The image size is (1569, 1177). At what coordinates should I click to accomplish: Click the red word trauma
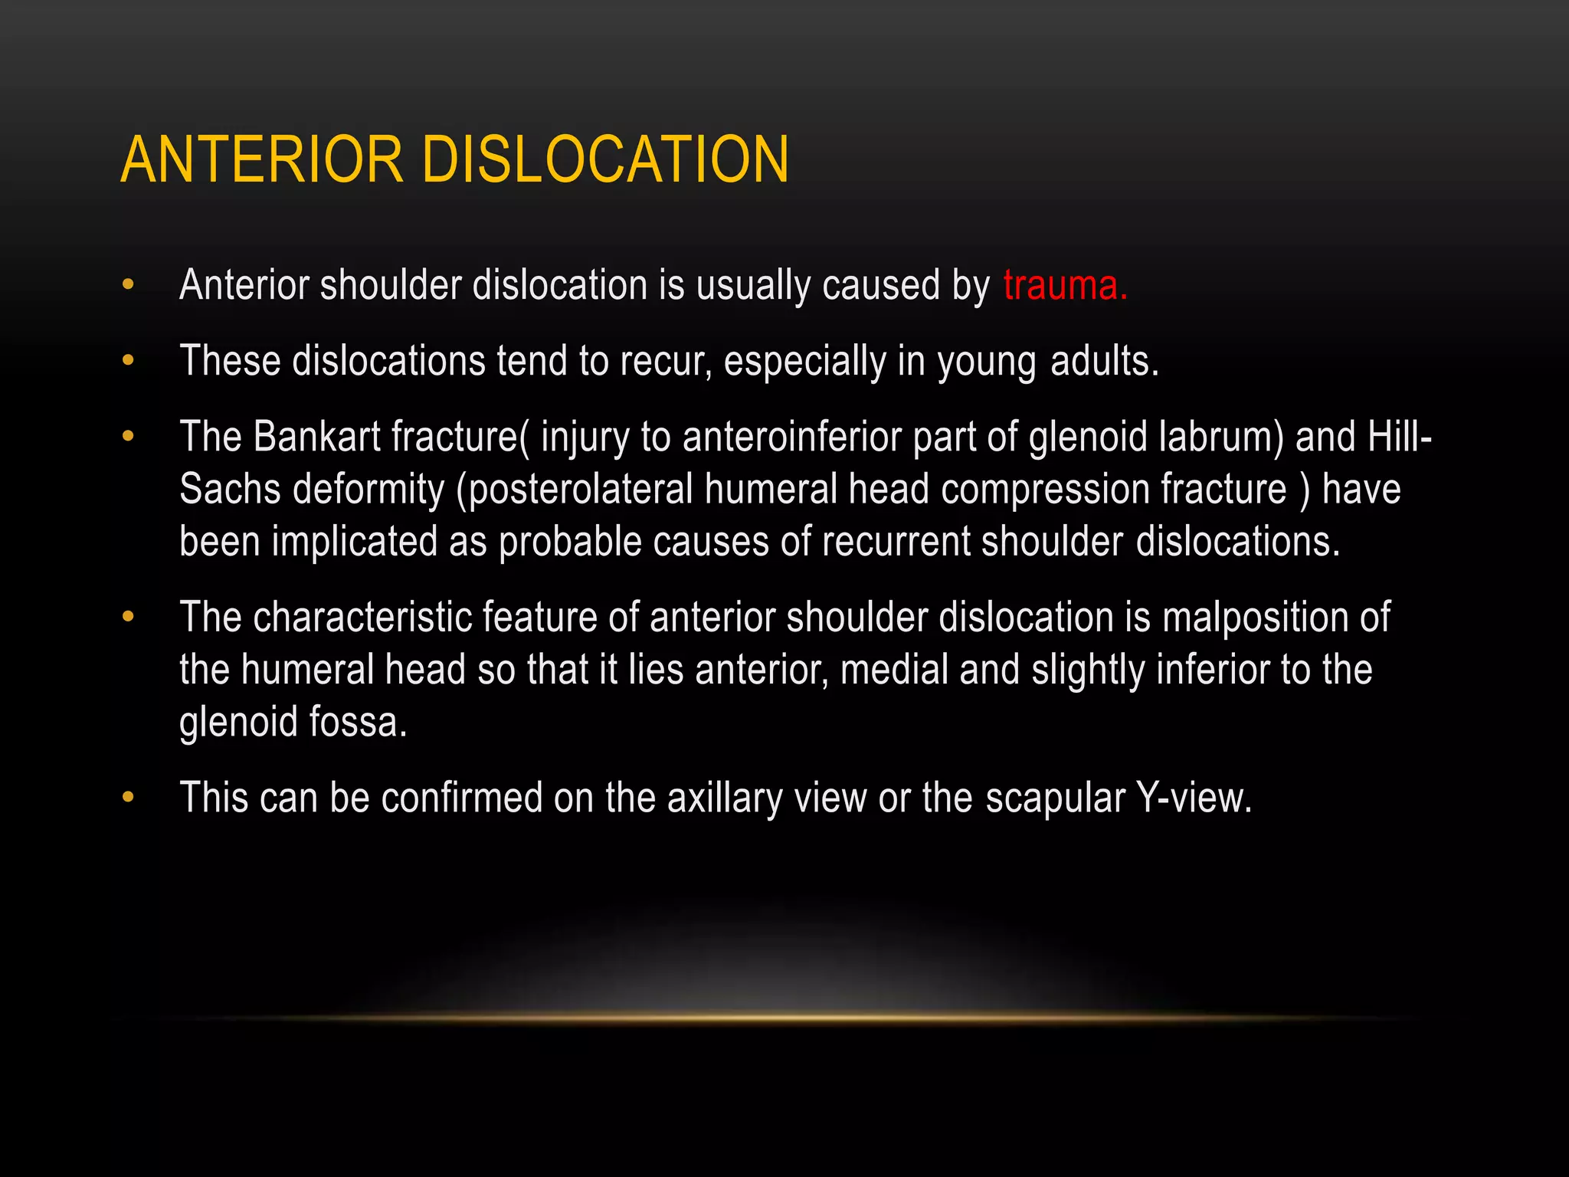tap(1065, 285)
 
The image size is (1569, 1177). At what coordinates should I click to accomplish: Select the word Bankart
tap(316, 437)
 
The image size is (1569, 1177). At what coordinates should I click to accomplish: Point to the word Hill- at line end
tap(1400, 437)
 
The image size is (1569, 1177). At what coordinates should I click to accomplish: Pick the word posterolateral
tap(580, 490)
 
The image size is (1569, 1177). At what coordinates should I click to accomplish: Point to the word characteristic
tap(362, 618)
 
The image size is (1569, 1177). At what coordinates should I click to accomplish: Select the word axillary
tap(724, 798)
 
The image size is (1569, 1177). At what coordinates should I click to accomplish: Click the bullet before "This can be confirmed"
tap(128, 798)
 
